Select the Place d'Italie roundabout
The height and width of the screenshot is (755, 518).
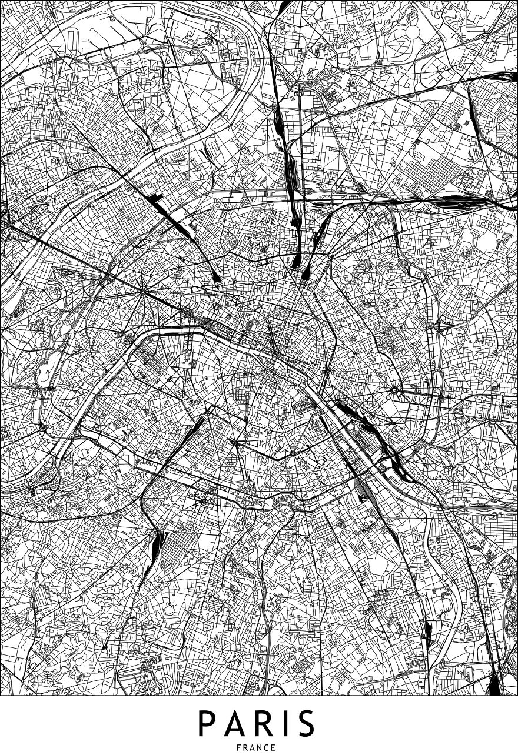[292, 453]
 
